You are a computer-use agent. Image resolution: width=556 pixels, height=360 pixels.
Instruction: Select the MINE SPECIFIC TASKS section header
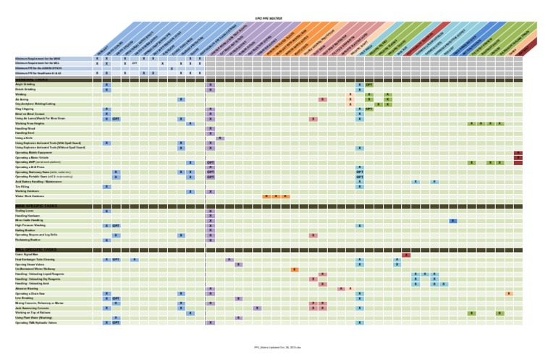[x=35, y=206]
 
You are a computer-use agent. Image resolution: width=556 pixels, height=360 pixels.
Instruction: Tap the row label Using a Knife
[x=25, y=138]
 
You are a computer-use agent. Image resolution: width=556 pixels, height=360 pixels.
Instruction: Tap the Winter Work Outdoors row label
[x=30, y=196]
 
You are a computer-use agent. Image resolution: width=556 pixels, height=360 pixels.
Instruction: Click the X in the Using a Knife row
[x=220, y=138]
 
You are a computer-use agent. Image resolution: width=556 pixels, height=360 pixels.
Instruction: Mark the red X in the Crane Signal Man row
[x=406, y=255]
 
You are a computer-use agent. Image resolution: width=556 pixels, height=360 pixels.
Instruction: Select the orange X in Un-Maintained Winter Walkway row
[x=294, y=269]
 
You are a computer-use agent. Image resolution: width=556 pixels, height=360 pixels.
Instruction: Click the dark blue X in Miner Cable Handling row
[x=452, y=221]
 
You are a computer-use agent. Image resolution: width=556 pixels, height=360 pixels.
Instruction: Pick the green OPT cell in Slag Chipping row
[x=369, y=109]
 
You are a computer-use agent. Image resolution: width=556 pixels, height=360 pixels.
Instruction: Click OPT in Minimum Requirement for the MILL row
[x=135, y=64]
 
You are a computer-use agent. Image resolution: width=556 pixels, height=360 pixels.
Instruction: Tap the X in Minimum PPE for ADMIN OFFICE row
[x=172, y=69]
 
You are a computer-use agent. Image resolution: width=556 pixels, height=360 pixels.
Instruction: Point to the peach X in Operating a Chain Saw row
[x=509, y=293]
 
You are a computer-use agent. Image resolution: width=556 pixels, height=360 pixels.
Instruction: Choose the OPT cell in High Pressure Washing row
[x=116, y=225]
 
